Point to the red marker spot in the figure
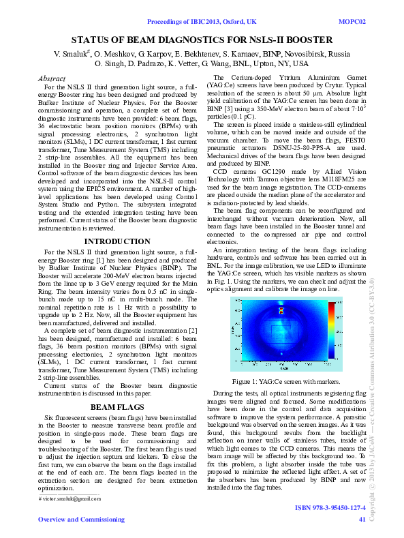click(x=281, y=310)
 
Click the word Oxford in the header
click(x=228, y=22)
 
